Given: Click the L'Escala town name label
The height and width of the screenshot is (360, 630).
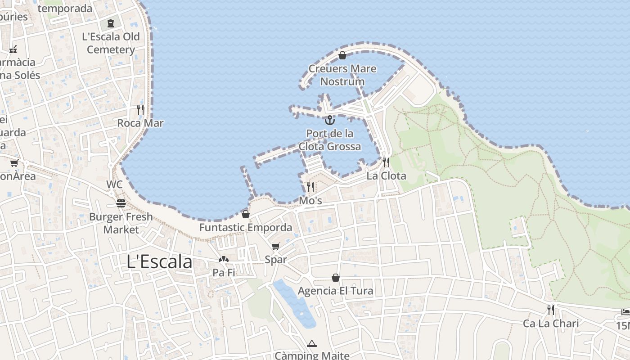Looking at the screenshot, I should (x=159, y=261).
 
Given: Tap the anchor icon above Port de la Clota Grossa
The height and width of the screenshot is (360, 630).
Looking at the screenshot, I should (x=330, y=120).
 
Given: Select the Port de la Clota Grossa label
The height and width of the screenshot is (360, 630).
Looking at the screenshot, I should (x=330, y=140).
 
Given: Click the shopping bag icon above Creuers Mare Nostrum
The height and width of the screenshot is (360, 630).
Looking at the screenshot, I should (x=342, y=55).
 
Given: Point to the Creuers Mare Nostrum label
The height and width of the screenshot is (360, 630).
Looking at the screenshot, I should (x=342, y=75).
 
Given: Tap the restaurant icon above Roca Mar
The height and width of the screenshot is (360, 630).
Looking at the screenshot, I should (x=140, y=109).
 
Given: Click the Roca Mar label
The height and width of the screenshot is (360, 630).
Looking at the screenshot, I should (x=140, y=123).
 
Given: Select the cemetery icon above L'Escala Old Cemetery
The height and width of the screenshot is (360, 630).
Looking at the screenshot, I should (x=111, y=23).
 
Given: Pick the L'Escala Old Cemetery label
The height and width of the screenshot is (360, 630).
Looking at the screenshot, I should (x=111, y=43).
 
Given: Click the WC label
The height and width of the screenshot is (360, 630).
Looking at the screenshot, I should (x=114, y=184).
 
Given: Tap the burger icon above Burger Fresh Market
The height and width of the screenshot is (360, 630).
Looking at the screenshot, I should (x=121, y=203).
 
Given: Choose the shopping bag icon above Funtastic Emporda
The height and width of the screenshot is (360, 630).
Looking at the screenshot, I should (x=246, y=214).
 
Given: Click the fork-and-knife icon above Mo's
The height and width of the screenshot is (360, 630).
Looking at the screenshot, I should (x=310, y=187).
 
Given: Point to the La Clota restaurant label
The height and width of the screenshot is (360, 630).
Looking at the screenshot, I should (x=386, y=175).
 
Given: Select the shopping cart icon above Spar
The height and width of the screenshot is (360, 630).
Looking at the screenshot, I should (x=276, y=246).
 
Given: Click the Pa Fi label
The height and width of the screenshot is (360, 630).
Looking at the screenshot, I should (x=224, y=272).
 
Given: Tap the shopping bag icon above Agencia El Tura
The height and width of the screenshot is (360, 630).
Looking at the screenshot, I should (x=336, y=278).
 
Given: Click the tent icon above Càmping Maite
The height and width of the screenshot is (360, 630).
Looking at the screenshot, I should (x=311, y=344).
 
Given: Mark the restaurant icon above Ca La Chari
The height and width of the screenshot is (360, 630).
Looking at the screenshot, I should (x=550, y=310).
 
